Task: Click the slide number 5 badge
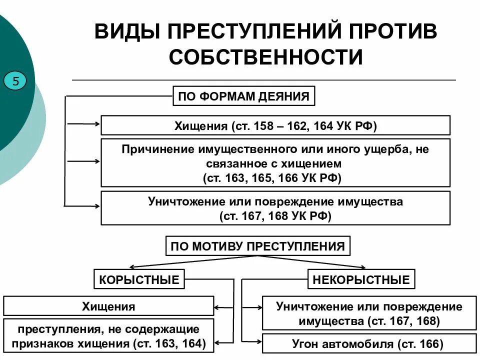15,80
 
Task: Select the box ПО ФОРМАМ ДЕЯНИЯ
244,96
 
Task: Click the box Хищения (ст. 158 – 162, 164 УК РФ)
275,125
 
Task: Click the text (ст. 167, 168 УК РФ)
275,216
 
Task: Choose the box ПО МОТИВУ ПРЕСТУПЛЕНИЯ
257,246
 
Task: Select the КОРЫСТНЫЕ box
139,279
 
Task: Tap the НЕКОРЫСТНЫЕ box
361,279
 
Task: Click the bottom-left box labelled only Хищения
108,306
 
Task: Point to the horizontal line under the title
264,80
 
